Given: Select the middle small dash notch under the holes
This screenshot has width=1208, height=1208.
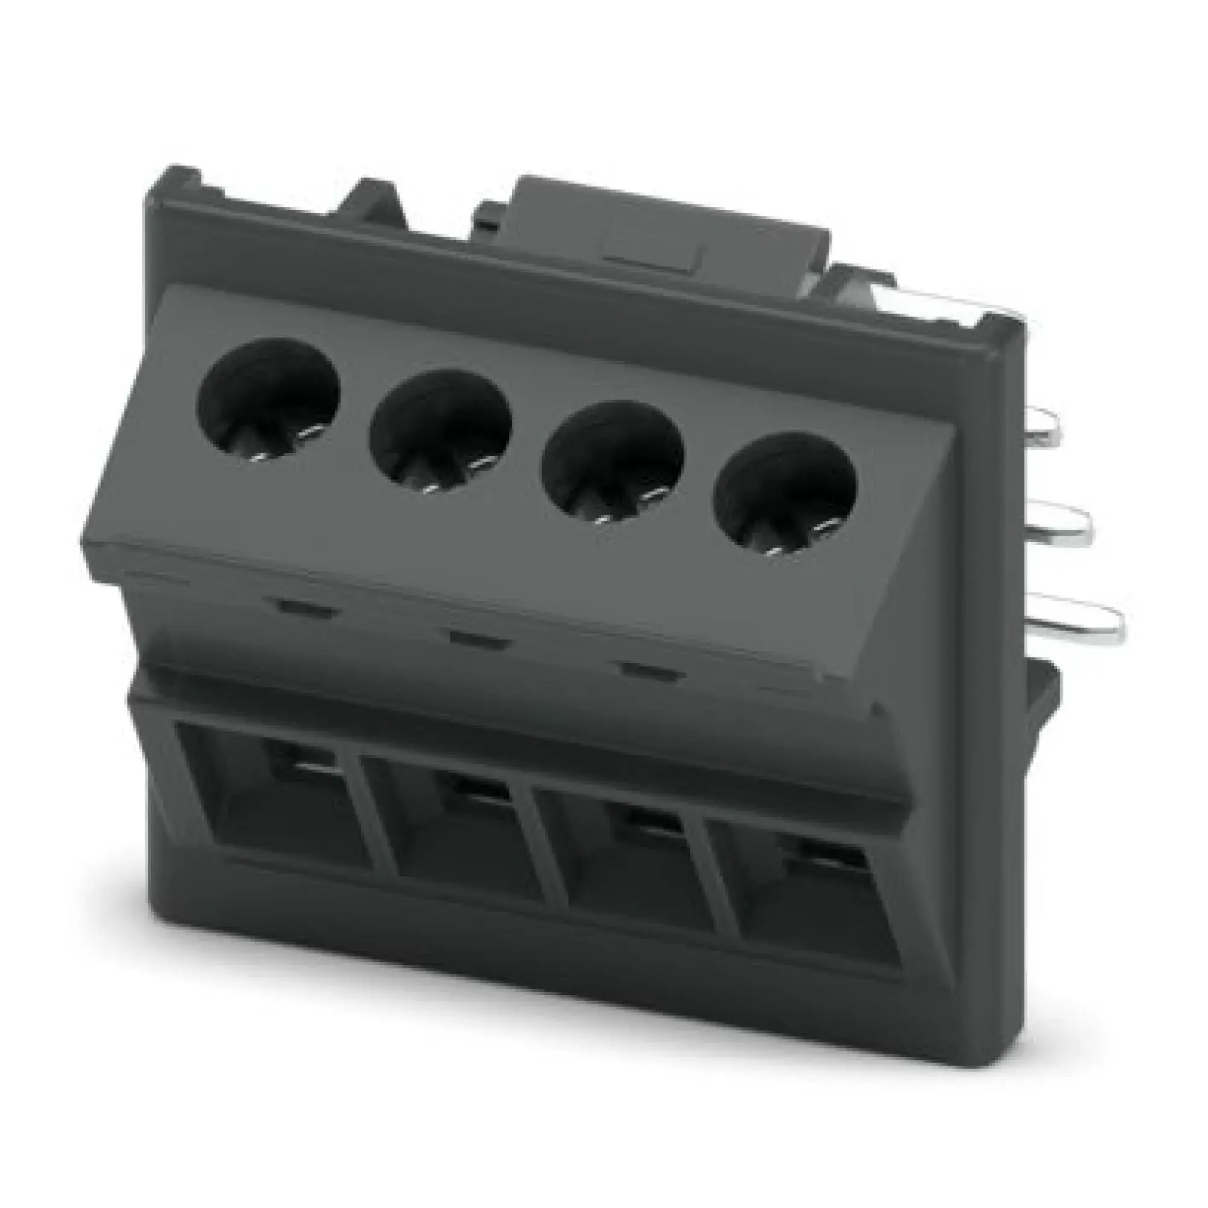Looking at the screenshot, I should point(479,640).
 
